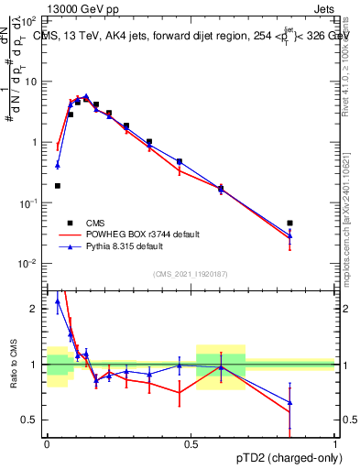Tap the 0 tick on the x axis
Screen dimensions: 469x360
46,443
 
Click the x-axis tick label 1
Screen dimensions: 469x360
334,443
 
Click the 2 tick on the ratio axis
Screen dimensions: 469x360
35,309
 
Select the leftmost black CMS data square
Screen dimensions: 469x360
58,186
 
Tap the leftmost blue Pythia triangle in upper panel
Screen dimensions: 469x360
58,165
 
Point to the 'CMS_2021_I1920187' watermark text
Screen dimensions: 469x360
190,273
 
